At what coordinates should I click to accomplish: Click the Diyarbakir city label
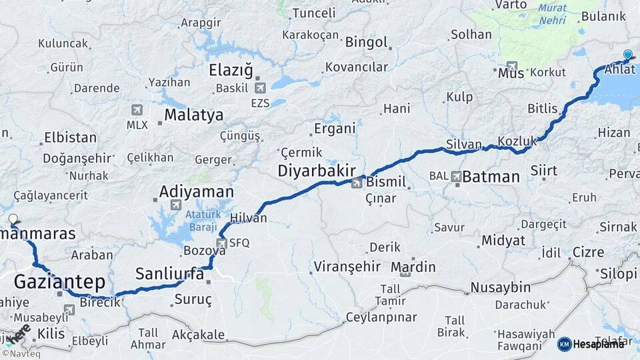317,171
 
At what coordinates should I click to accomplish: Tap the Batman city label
491,177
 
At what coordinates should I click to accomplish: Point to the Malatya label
194,115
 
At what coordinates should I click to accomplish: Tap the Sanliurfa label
169,273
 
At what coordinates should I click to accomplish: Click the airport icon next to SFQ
222,243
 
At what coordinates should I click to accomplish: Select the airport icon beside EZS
260,88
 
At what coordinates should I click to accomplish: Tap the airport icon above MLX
137,110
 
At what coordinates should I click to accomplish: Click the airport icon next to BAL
456,177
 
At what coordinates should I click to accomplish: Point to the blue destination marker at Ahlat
627,55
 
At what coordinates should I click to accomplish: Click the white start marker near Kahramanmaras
13,219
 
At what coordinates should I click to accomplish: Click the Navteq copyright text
19,354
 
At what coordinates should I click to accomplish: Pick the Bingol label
366,42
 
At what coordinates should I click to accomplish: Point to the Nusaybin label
500,287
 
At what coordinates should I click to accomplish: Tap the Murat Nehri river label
553,13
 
